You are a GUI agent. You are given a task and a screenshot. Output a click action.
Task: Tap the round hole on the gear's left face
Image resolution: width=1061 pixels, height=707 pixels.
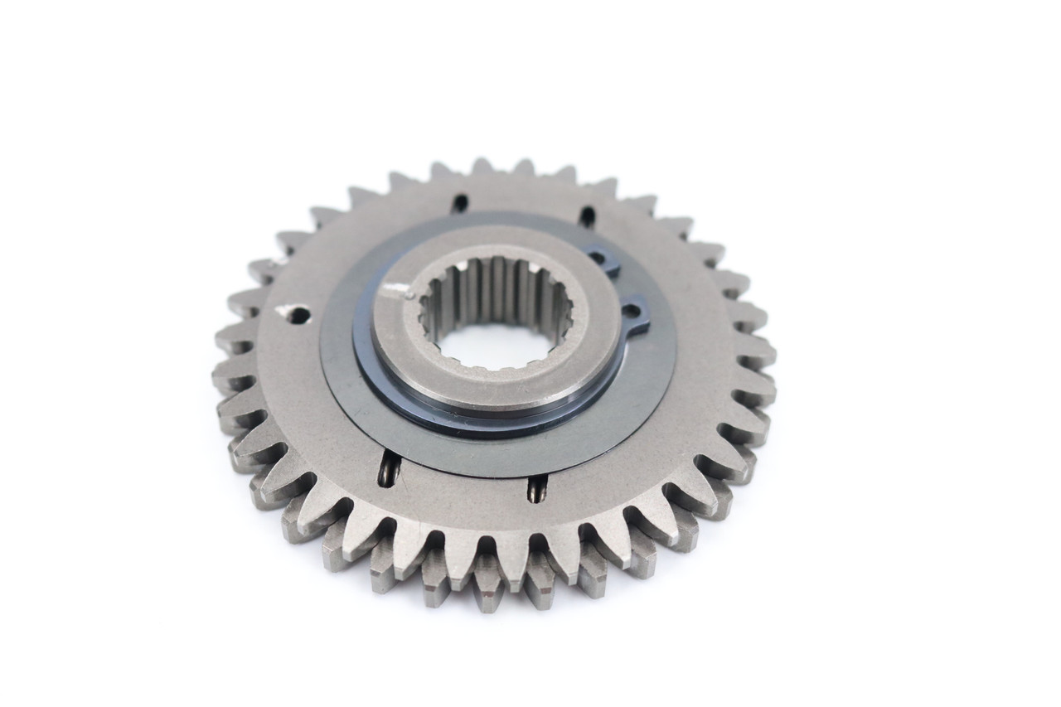click(297, 314)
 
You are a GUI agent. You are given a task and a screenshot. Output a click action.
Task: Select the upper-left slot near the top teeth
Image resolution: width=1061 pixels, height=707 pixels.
click(459, 202)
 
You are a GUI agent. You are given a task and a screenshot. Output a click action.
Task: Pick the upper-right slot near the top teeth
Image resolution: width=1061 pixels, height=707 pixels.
click(587, 216)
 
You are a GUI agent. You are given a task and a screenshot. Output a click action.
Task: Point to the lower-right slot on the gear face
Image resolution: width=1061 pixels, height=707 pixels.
click(536, 489)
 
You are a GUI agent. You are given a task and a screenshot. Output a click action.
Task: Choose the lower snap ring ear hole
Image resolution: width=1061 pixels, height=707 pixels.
click(632, 312)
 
